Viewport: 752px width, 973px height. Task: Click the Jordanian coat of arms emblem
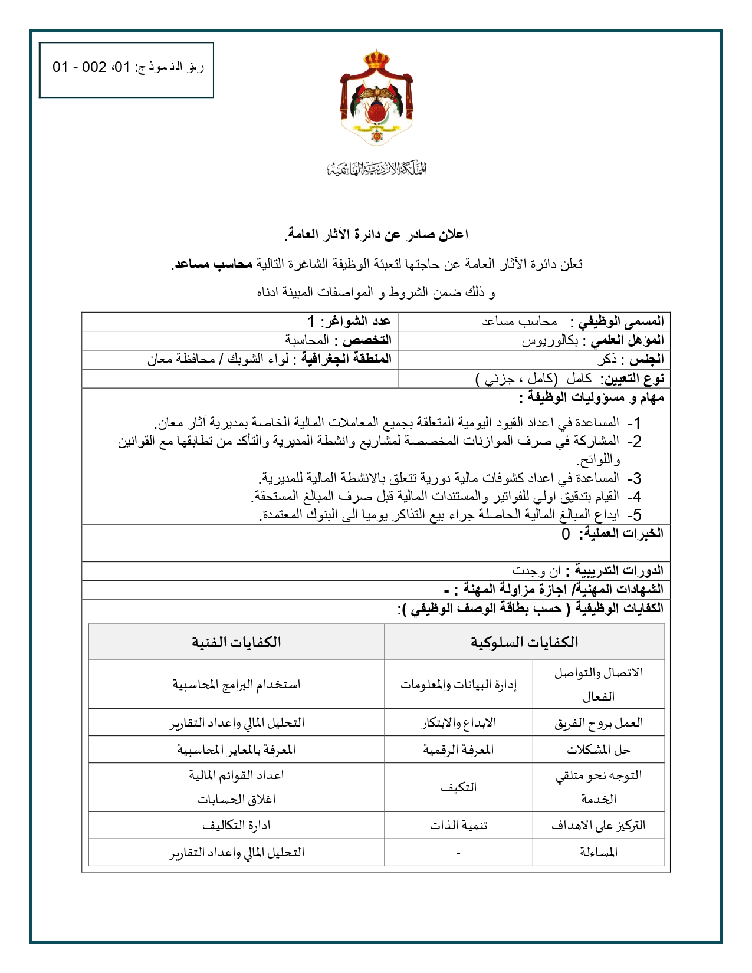376,98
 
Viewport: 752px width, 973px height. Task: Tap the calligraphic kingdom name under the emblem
376,169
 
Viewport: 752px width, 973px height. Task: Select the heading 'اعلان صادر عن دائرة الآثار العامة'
376,235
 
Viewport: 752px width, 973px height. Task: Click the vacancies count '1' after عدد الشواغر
311,321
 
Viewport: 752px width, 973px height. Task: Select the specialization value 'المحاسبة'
307,340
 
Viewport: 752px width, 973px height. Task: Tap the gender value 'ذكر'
607,359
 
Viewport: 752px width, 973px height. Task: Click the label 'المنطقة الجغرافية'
347,359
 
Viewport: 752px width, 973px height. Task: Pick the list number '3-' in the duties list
633,478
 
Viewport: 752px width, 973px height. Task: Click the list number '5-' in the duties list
633,515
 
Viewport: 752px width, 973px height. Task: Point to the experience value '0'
566,534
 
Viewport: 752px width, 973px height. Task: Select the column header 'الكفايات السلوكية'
524,642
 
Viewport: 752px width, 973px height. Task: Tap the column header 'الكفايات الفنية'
236,642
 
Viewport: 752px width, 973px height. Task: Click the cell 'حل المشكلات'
599,750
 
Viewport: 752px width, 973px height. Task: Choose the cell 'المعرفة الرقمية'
458,750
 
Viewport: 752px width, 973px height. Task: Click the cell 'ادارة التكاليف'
236,826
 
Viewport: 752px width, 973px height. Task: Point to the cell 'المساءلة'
599,853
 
